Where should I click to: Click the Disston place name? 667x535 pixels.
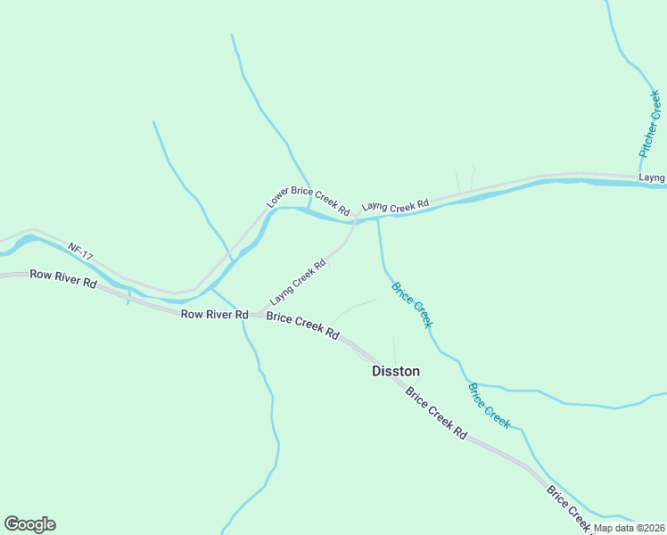(395, 371)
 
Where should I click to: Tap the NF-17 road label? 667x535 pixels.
(80, 252)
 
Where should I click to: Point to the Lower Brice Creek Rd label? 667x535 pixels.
(308, 200)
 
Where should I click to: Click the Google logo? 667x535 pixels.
(29, 524)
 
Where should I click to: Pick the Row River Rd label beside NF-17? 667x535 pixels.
(62, 276)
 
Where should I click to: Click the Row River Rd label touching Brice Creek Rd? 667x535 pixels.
(214, 314)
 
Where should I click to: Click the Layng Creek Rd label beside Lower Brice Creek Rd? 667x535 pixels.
(395, 207)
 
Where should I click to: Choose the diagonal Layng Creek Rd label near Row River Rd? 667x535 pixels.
(298, 282)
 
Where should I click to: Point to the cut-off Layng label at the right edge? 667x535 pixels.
(653, 178)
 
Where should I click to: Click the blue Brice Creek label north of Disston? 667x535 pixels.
(412, 305)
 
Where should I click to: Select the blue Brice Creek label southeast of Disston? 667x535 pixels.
(490, 406)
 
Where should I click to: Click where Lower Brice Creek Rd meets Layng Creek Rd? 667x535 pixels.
(356, 215)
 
